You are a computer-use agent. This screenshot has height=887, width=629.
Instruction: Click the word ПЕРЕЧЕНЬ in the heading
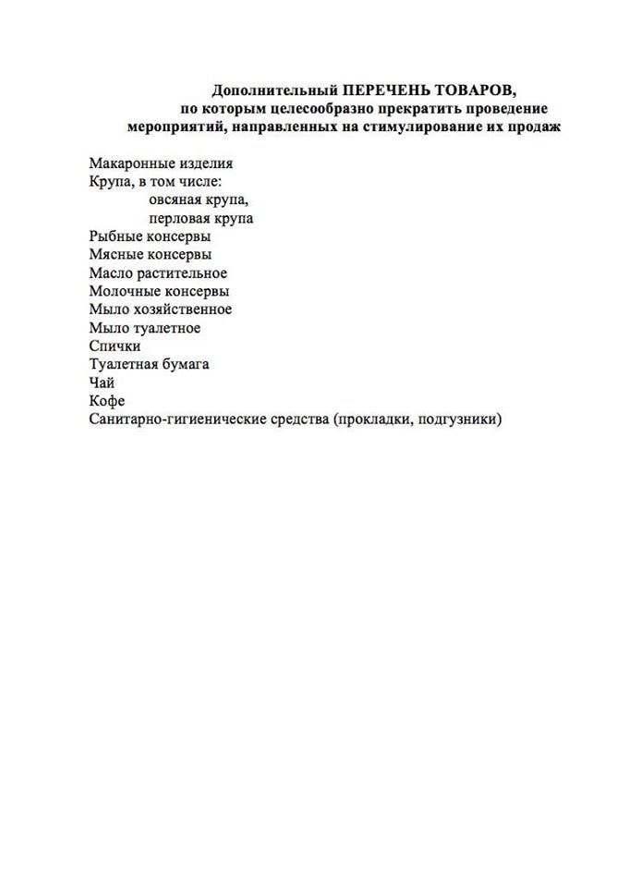tap(382, 91)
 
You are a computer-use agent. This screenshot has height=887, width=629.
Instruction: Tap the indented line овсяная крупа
tap(199, 200)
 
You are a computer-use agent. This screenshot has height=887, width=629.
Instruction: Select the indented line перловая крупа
tap(200, 218)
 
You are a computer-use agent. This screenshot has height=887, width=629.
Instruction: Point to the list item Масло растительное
tap(158, 273)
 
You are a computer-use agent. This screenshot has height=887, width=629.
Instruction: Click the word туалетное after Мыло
tap(167, 327)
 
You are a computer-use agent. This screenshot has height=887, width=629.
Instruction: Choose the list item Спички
tap(115, 346)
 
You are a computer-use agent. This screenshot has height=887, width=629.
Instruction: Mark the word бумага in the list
tap(184, 364)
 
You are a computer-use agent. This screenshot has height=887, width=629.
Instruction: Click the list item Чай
tap(102, 383)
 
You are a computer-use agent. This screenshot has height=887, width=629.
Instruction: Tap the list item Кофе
tap(106, 400)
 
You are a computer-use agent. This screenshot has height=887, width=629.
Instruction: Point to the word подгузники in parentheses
tap(459, 419)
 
